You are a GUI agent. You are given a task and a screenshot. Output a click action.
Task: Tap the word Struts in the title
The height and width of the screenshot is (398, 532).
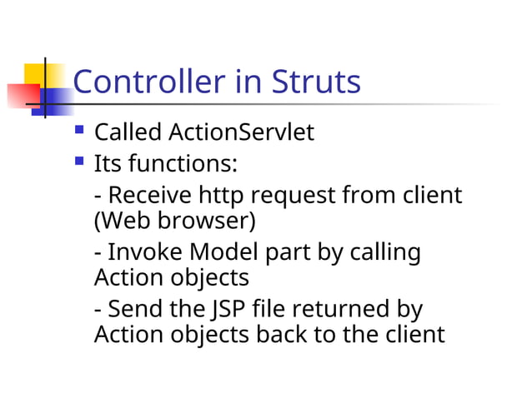click(316, 82)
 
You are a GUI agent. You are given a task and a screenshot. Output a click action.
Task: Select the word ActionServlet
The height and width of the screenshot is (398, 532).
click(242, 132)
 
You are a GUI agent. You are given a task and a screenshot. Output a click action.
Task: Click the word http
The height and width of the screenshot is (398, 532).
click(221, 197)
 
